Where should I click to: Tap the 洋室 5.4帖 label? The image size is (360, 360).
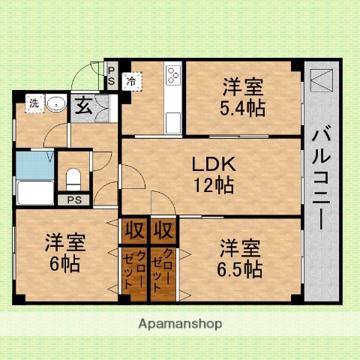click(x=242, y=97)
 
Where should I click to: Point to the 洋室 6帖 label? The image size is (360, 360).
click(x=65, y=253)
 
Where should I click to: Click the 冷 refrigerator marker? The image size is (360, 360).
click(x=130, y=80)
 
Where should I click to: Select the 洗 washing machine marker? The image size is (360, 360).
click(x=33, y=104)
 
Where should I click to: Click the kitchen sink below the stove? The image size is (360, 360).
click(x=174, y=120)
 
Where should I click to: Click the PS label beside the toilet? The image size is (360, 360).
click(x=73, y=199)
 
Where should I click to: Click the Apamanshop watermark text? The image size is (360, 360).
click(x=180, y=325)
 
